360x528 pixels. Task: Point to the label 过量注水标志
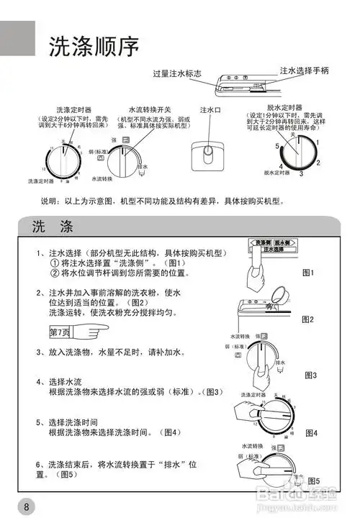(x=177, y=74)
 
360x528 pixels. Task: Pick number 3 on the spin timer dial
(x=301, y=173)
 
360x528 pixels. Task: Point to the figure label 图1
(x=309, y=273)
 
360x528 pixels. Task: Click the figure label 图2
(x=309, y=319)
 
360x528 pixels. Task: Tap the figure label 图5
(x=313, y=480)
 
